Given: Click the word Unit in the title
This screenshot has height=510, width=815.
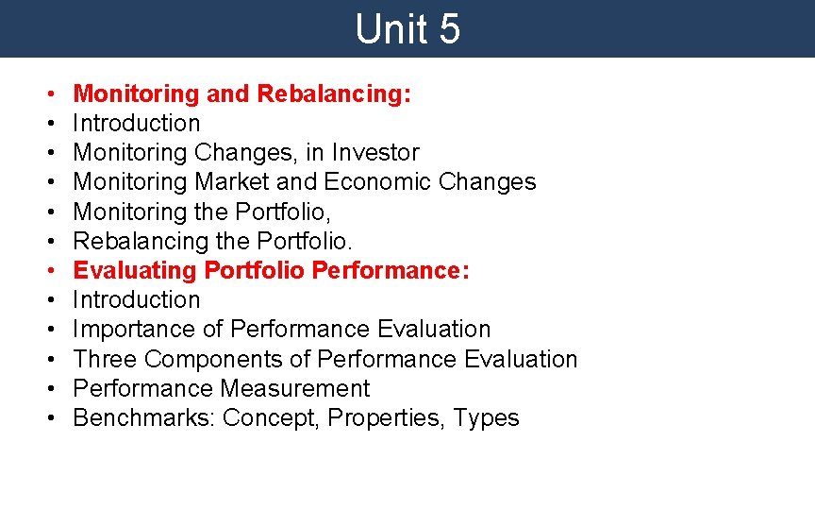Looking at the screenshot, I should tap(385, 29).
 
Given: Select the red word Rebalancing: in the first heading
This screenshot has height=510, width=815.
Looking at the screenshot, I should tap(334, 93).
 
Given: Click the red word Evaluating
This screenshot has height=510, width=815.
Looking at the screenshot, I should tap(135, 270).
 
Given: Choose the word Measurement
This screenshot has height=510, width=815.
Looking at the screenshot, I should tap(294, 388).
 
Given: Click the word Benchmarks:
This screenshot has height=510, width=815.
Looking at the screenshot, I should tap(143, 417).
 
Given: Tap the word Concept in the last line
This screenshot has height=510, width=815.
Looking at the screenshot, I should tap(271, 417).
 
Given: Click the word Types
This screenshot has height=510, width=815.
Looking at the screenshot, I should tap(487, 417).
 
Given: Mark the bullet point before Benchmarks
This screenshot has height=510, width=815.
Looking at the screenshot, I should tap(48, 417).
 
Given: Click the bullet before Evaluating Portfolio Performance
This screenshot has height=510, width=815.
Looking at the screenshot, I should tap(48, 270).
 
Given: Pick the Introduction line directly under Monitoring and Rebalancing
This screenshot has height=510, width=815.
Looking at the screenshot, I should tap(137, 123).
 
